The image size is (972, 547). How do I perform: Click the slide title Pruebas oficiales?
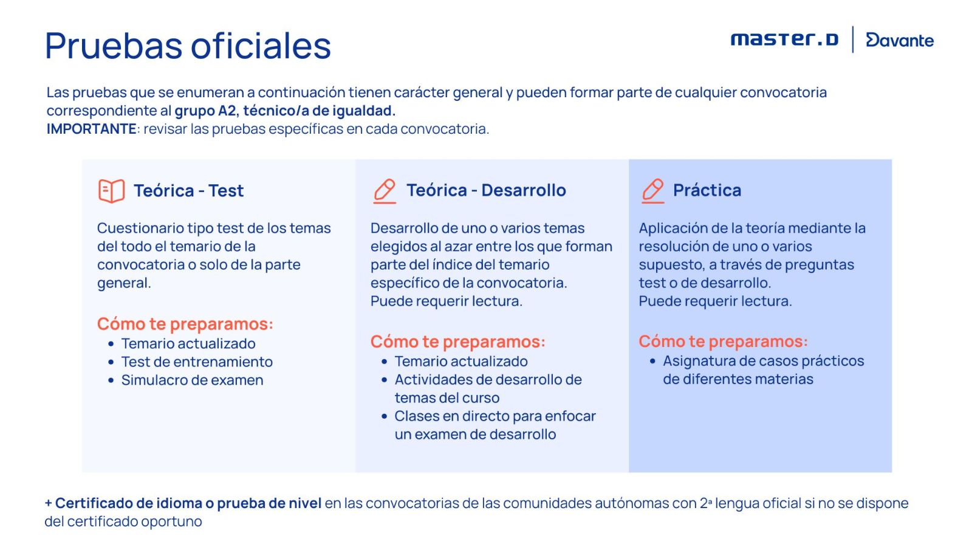188,46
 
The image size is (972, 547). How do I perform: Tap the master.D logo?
784,40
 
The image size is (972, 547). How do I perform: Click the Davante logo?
900,40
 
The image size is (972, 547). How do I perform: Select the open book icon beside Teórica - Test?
112,191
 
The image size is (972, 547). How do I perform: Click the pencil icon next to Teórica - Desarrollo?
385,191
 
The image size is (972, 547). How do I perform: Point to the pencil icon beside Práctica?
652,191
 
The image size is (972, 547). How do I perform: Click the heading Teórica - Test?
189,191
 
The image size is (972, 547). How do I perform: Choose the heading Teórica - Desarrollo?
486,190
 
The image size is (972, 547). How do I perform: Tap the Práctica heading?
707,190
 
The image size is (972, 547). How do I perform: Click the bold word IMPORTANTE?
92,129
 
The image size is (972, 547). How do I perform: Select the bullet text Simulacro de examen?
192,380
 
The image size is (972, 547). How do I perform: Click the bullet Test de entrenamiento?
197,362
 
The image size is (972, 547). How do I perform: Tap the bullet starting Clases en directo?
495,425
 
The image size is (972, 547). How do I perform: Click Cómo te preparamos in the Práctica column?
724,341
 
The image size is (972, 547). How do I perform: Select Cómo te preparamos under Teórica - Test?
185,324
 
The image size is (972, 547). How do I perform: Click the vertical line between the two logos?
853,39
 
